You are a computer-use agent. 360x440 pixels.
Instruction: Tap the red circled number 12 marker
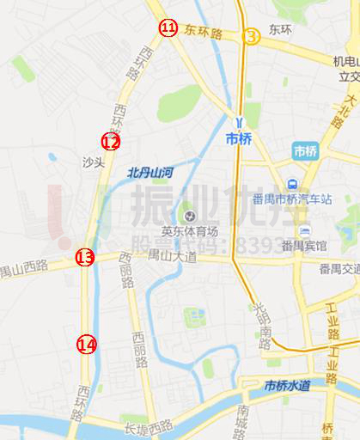pyautogui.click(x=111, y=142)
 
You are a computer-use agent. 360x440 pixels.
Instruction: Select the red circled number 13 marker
pyautogui.click(x=84, y=256)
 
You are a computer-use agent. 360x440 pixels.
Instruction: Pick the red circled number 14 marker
pyautogui.click(x=87, y=345)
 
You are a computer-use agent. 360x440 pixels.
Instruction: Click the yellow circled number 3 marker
pyautogui.click(x=250, y=36)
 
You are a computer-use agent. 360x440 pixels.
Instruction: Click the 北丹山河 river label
pyautogui.click(x=150, y=172)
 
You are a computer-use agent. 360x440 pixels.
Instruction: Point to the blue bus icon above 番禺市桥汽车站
pyautogui.click(x=294, y=184)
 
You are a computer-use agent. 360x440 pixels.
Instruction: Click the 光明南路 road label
pyautogui.click(x=261, y=323)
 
